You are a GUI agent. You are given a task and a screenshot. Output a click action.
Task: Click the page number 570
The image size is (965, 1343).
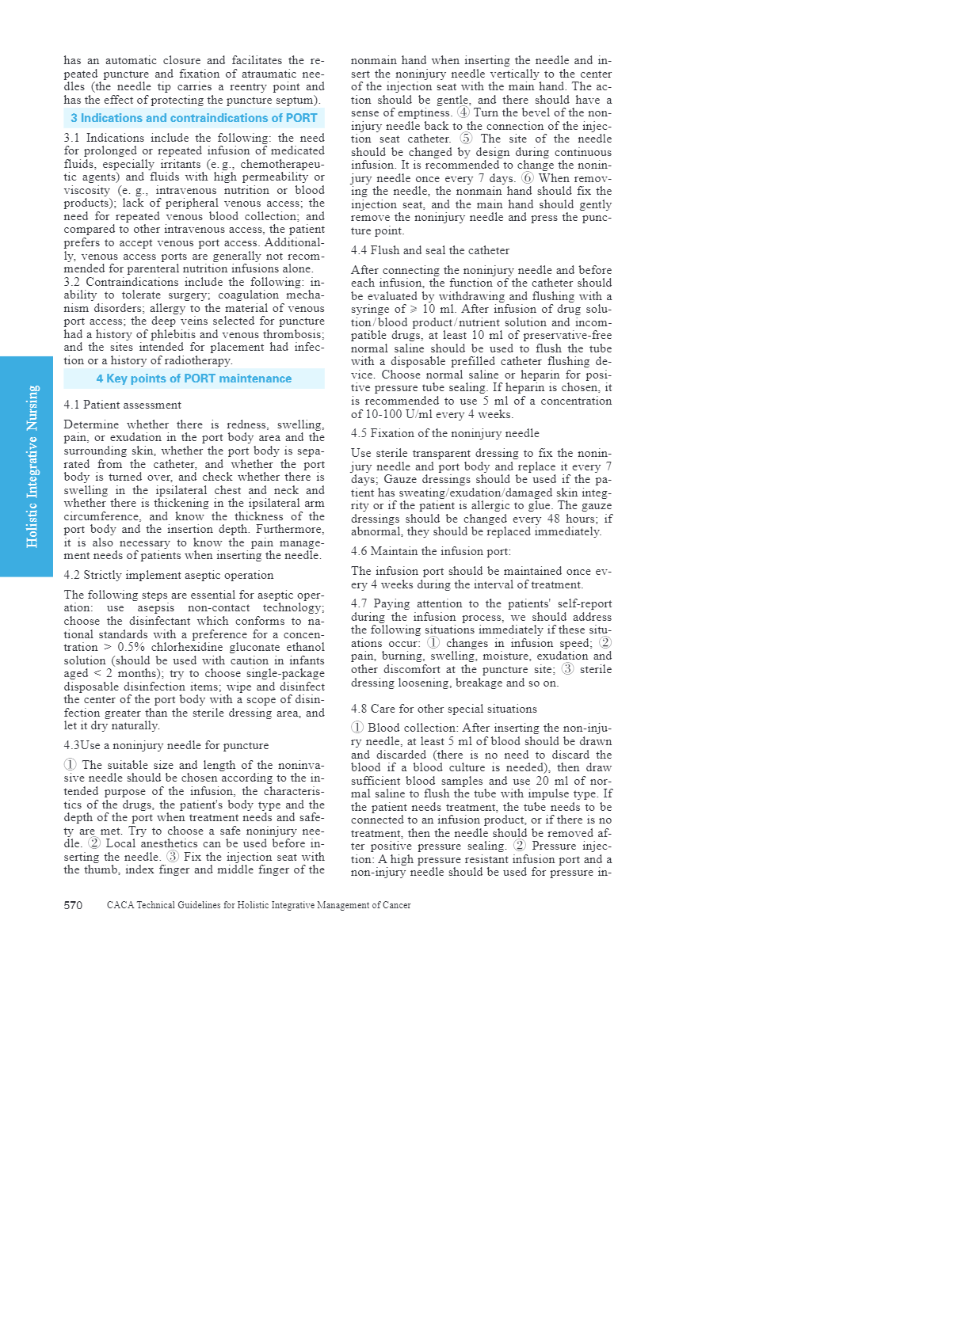click(73, 905)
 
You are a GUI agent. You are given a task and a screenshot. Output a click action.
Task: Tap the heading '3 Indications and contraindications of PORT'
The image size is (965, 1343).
click(193, 118)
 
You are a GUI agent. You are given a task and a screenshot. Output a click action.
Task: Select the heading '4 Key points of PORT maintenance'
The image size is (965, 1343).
click(193, 379)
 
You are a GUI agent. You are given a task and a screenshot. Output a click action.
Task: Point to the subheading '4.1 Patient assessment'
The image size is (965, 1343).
click(123, 405)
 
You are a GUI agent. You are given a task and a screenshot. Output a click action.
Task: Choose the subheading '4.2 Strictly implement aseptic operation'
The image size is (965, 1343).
click(169, 575)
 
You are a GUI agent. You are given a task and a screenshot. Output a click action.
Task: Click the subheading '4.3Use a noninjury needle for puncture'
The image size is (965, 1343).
click(166, 745)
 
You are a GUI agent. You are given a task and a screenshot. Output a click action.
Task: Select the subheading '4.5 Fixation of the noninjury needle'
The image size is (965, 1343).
click(445, 433)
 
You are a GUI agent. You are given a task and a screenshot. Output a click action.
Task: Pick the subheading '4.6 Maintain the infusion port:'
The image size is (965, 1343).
click(431, 551)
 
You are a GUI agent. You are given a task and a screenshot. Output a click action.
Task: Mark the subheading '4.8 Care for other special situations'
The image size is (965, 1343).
click(444, 709)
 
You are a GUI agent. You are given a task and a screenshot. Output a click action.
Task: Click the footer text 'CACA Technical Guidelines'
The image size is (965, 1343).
click(258, 905)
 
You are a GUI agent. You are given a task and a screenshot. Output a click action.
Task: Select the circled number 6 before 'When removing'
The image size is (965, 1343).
click(528, 178)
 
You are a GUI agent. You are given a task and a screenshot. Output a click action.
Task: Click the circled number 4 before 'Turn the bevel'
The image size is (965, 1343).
click(463, 112)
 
